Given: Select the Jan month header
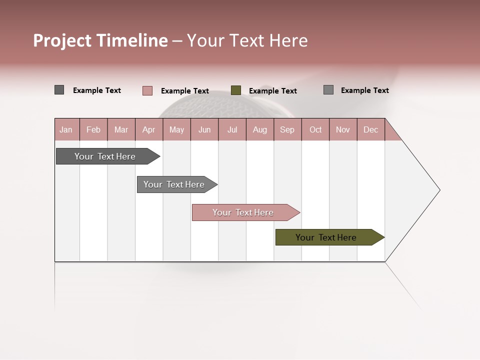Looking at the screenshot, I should [66, 129].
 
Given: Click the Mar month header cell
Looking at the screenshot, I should [121, 129].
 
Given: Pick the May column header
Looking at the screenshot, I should [176, 129].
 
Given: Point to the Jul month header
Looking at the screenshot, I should [232, 129].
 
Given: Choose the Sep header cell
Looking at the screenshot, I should [287, 129].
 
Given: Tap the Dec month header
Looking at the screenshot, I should [370, 129].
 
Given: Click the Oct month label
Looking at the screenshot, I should [315, 129].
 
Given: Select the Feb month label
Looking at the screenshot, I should [93, 129].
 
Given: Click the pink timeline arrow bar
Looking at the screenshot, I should [245, 212].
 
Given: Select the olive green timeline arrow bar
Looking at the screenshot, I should [329, 237].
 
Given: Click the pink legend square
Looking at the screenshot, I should [147, 90].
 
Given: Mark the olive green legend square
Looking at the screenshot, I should [236, 90].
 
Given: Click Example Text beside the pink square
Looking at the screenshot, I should [185, 91].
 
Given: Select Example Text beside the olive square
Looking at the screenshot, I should [273, 91].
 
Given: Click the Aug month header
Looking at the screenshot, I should [259, 129].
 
